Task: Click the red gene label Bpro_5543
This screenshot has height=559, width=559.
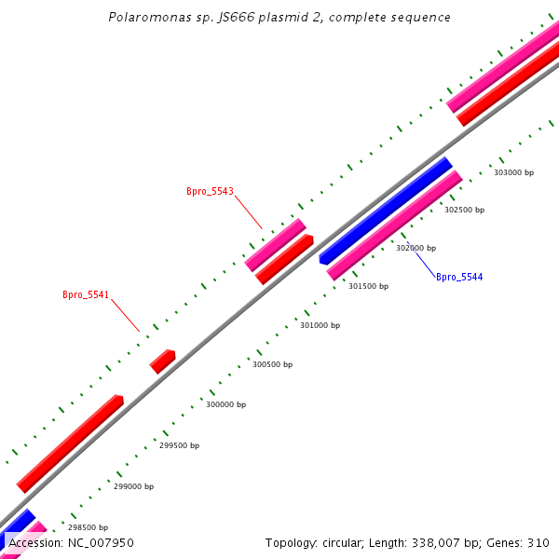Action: click(210, 192)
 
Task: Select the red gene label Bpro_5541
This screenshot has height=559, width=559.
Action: click(86, 295)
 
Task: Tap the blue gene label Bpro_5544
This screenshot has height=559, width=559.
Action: click(459, 277)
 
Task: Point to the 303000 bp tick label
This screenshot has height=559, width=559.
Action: click(513, 172)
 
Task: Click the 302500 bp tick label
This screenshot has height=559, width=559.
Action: click(464, 211)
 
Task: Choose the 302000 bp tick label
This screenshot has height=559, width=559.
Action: click(416, 249)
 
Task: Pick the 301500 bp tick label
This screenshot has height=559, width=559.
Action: click(368, 287)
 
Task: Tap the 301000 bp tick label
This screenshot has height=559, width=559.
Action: click(320, 326)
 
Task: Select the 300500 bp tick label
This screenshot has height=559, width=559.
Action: click(272, 365)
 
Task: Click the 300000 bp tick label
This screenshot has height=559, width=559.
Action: click(225, 405)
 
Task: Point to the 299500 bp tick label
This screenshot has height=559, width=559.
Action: click(179, 445)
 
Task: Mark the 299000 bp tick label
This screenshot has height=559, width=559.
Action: click(133, 486)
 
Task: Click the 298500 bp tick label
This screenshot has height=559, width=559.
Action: click(88, 527)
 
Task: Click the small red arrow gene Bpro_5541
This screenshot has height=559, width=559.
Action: click(163, 361)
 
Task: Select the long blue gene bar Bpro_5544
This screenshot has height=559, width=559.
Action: click(386, 211)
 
